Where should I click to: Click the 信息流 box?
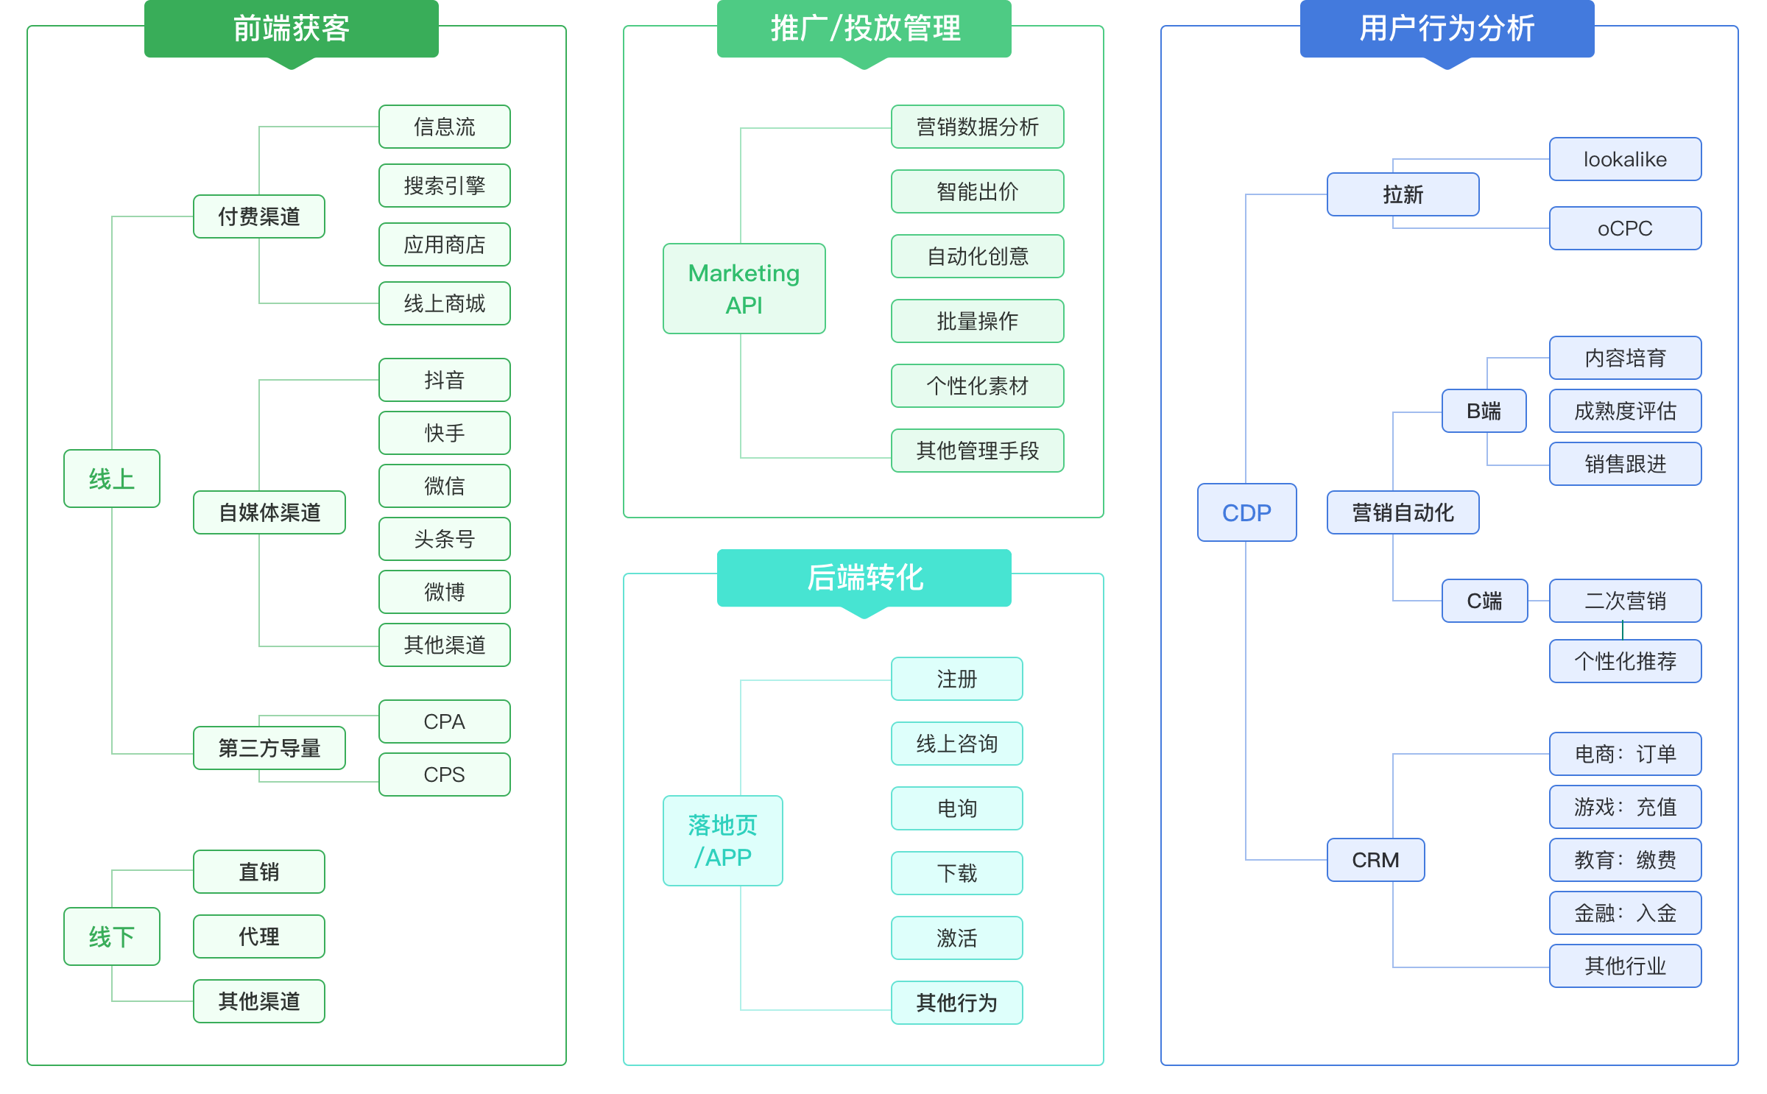pos(444,127)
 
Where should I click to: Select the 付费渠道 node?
pos(258,216)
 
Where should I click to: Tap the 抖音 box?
pos(444,380)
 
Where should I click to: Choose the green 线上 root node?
pos(111,479)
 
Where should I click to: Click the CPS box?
pos(444,774)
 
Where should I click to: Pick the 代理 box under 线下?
pos(258,936)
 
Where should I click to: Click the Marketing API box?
pos(744,289)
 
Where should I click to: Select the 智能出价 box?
pos(977,191)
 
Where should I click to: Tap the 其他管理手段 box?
pos(977,451)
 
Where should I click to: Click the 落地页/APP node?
pos(722,841)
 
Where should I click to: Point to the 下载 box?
pos(956,873)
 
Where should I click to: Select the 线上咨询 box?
pos(956,744)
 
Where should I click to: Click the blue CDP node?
pos(1246,512)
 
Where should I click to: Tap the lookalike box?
pos(1625,159)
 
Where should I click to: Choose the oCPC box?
pos(1625,228)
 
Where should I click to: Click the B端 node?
pos(1484,411)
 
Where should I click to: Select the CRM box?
pos(1375,860)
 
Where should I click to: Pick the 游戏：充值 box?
pos(1625,807)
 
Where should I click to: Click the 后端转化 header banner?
pos(864,578)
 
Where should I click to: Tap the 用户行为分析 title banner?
pos(1447,29)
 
